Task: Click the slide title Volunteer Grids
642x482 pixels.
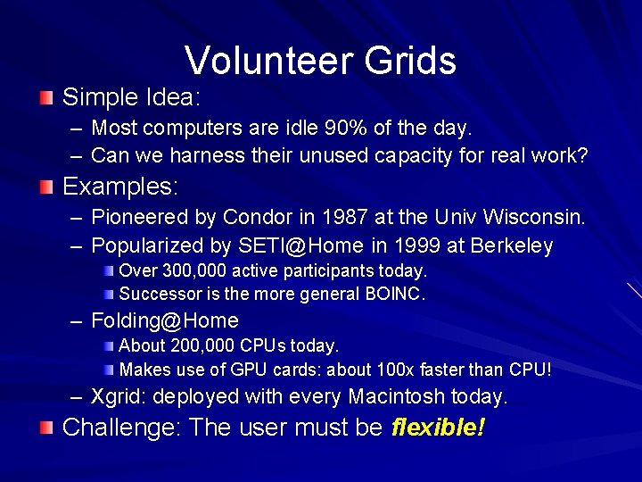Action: click(321, 61)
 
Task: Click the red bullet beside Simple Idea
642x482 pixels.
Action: click(45, 96)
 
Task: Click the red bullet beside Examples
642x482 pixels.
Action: click(45, 187)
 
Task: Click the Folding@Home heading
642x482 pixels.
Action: click(165, 320)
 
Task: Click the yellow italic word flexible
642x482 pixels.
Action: click(437, 428)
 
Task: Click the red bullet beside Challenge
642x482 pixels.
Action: click(45, 428)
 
